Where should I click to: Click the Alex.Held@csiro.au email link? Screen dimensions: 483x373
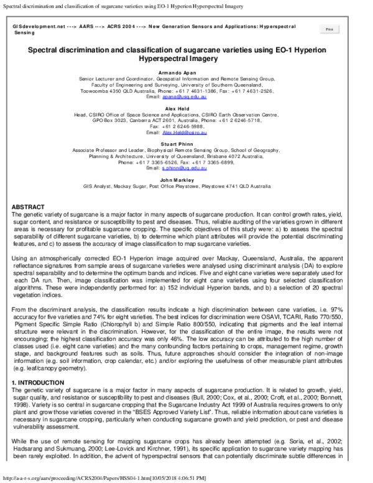[x=185, y=133]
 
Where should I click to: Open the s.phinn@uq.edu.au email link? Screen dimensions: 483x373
[x=185, y=168]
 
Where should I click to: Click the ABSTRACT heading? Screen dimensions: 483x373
[x=28, y=207]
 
